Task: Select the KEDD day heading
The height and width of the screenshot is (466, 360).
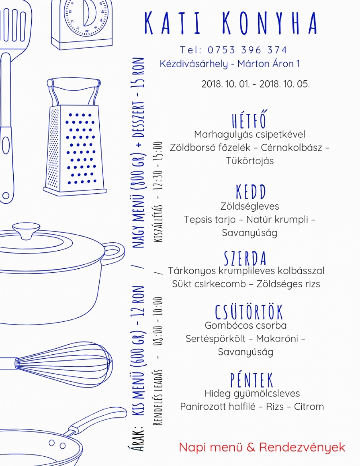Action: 251,192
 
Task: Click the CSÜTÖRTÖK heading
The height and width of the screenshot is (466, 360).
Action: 249,312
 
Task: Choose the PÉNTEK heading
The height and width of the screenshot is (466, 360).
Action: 252,380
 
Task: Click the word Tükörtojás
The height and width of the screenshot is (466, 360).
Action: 250,161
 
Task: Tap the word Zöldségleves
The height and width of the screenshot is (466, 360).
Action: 249,206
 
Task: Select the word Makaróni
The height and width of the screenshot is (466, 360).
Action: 277,339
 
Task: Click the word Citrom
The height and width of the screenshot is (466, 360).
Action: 309,407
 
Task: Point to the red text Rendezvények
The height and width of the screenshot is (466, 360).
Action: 302,447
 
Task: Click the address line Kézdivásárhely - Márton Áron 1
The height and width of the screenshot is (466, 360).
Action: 230,64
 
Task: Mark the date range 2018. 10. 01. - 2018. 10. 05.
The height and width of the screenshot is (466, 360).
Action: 256,84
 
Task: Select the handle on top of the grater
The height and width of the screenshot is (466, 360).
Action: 74,84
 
